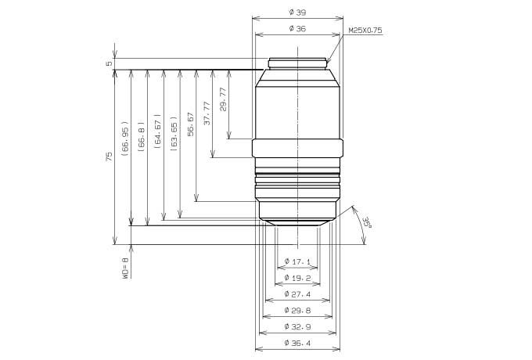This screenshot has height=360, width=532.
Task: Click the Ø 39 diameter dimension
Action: click(297, 13)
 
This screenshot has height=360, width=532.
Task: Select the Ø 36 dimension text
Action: click(297, 29)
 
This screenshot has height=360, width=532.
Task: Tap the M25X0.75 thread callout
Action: click(365, 31)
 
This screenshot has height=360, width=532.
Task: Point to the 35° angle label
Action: click(366, 223)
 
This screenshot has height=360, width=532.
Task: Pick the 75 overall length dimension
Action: click(109, 157)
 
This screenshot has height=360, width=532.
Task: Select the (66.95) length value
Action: click(125, 139)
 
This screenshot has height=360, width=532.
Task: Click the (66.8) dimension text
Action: click(142, 136)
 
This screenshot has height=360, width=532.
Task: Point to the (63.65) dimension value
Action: click(174, 134)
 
